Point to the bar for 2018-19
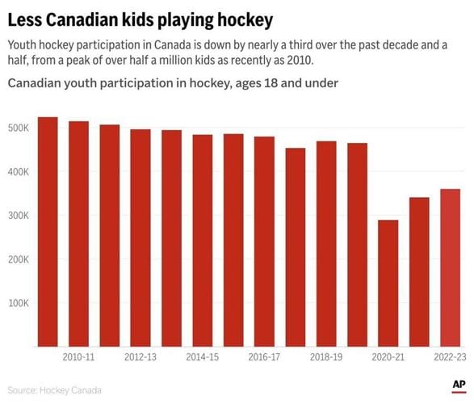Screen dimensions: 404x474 [326, 242]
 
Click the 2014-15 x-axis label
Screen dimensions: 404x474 [202, 356]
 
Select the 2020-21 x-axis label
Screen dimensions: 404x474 [388, 356]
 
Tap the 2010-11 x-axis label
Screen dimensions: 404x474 [78, 356]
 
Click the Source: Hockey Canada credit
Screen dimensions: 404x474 [55, 390]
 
